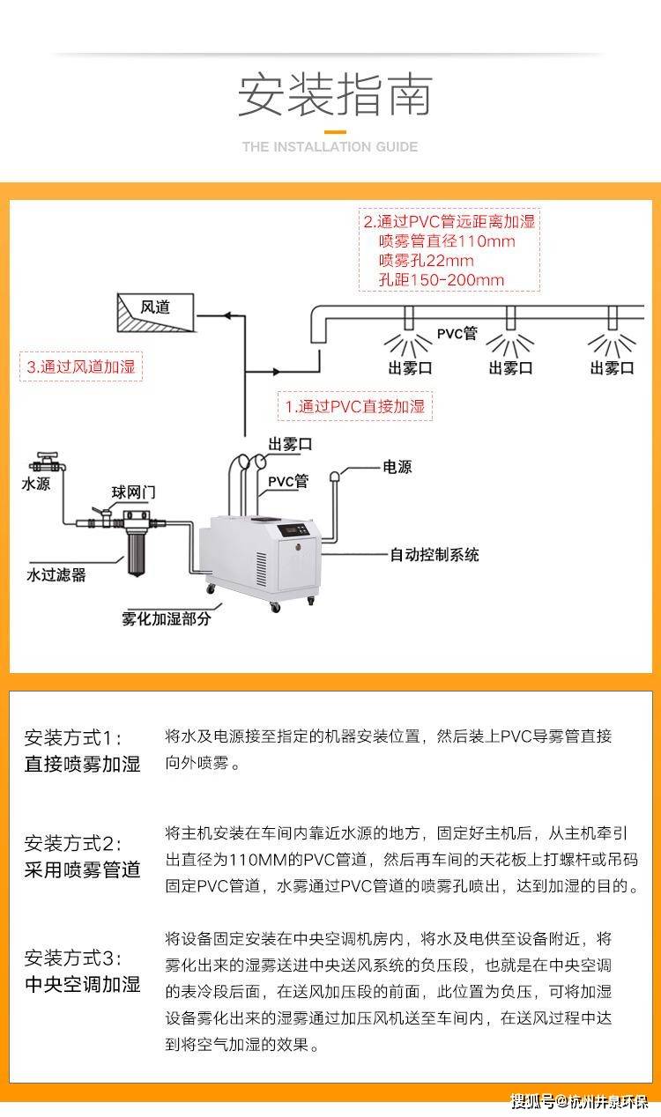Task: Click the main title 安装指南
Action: (335, 95)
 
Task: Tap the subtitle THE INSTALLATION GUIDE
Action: (330, 146)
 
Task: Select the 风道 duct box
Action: (155, 313)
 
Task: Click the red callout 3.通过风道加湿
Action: (81, 366)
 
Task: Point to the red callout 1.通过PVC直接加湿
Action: (354, 406)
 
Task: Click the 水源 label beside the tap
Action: (36, 484)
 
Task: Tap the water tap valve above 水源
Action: (48, 462)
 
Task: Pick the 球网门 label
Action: (133, 492)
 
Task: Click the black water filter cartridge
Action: (137, 553)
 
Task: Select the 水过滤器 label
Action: (56, 575)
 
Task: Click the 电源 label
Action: (397, 467)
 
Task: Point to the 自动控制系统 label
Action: (434, 554)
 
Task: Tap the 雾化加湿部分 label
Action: (166, 618)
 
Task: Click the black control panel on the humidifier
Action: (298, 529)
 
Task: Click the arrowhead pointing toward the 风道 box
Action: (227, 315)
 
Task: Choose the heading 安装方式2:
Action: (72, 844)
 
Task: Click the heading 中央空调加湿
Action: (82, 984)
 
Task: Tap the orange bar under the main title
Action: (335, 132)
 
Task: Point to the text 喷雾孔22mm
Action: (426, 260)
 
